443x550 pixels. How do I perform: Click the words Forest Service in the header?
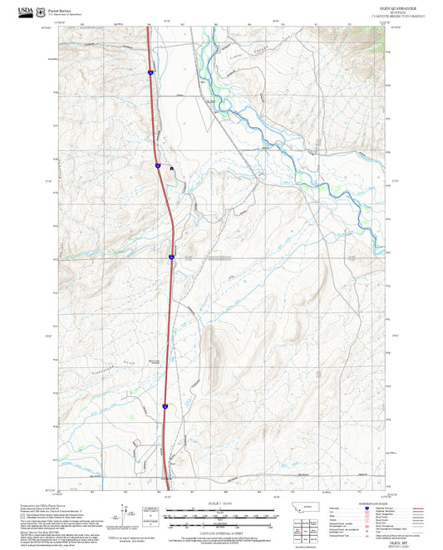[59, 8]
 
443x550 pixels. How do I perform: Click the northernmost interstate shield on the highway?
[150, 73]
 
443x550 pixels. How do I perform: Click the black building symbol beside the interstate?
[172, 169]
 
